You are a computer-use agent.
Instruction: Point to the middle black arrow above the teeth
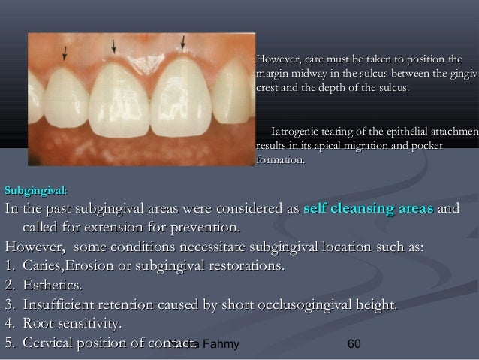(113, 44)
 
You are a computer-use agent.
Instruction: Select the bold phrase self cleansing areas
(368, 207)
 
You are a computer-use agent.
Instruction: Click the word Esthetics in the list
(52, 286)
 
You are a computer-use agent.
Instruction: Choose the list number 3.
(10, 305)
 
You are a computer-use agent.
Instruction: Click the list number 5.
(10, 343)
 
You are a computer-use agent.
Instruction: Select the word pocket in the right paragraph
(426, 145)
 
